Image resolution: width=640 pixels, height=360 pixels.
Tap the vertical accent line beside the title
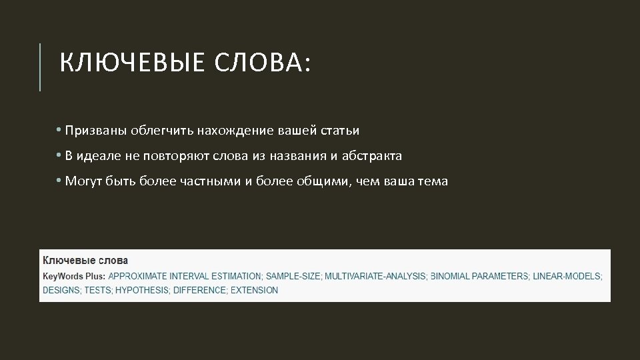(x=40, y=67)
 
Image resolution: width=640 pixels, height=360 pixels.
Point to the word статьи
(x=341, y=131)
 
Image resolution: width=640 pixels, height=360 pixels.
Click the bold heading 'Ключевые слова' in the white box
(x=85, y=260)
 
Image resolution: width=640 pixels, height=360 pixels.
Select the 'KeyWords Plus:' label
(x=74, y=276)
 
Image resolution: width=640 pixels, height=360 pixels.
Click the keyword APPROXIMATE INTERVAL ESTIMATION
(x=185, y=276)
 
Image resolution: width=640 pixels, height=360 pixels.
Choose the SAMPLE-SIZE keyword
(x=293, y=276)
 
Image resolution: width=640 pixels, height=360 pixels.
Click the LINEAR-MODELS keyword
(x=567, y=276)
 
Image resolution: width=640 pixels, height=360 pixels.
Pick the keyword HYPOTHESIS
(x=142, y=291)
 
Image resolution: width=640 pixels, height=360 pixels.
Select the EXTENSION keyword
(x=254, y=291)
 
